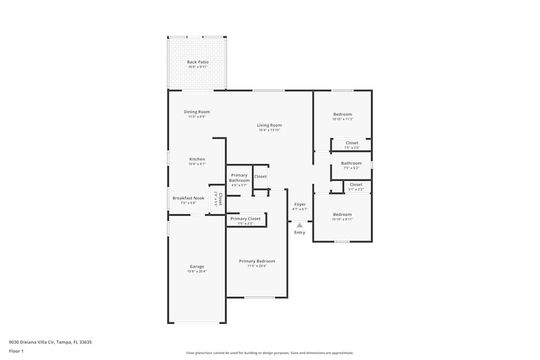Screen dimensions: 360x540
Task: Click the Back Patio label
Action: [198, 62]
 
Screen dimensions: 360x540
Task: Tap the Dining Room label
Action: [197, 112]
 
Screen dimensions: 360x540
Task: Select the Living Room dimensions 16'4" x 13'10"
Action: [269, 130]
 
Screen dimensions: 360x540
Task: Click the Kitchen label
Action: [197, 159]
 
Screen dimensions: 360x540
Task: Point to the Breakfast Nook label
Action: [188, 198]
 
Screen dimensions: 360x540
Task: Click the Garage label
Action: [197, 267]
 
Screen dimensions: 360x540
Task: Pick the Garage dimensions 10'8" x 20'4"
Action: [197, 271]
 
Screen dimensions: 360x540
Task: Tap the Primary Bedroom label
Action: [257, 261]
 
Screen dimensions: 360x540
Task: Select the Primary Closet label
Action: [246, 219]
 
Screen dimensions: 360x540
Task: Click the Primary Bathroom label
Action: [239, 178]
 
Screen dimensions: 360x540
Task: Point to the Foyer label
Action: [300, 205]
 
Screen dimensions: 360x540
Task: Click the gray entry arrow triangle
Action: [300, 225]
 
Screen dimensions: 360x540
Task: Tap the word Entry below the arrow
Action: [300, 233]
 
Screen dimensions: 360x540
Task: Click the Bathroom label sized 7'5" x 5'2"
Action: [351, 163]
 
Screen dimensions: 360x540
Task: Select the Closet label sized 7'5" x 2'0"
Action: [352, 143]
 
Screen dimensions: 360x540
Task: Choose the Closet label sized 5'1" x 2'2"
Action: [356, 185]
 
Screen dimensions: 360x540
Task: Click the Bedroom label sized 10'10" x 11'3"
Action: [342, 114]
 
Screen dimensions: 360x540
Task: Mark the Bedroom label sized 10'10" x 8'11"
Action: [342, 214]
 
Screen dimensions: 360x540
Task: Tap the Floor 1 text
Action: [16, 351]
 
